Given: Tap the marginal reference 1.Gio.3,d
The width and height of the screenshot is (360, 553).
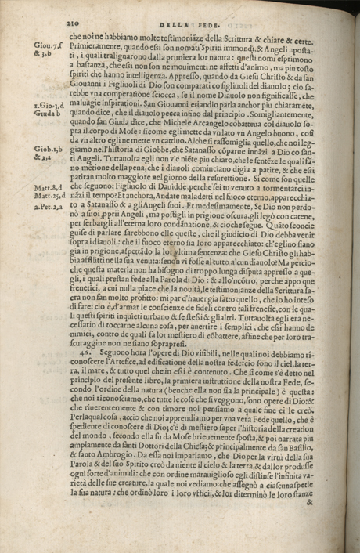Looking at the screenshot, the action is (49, 104).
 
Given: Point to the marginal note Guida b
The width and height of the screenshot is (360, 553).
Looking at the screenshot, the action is (47, 113).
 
